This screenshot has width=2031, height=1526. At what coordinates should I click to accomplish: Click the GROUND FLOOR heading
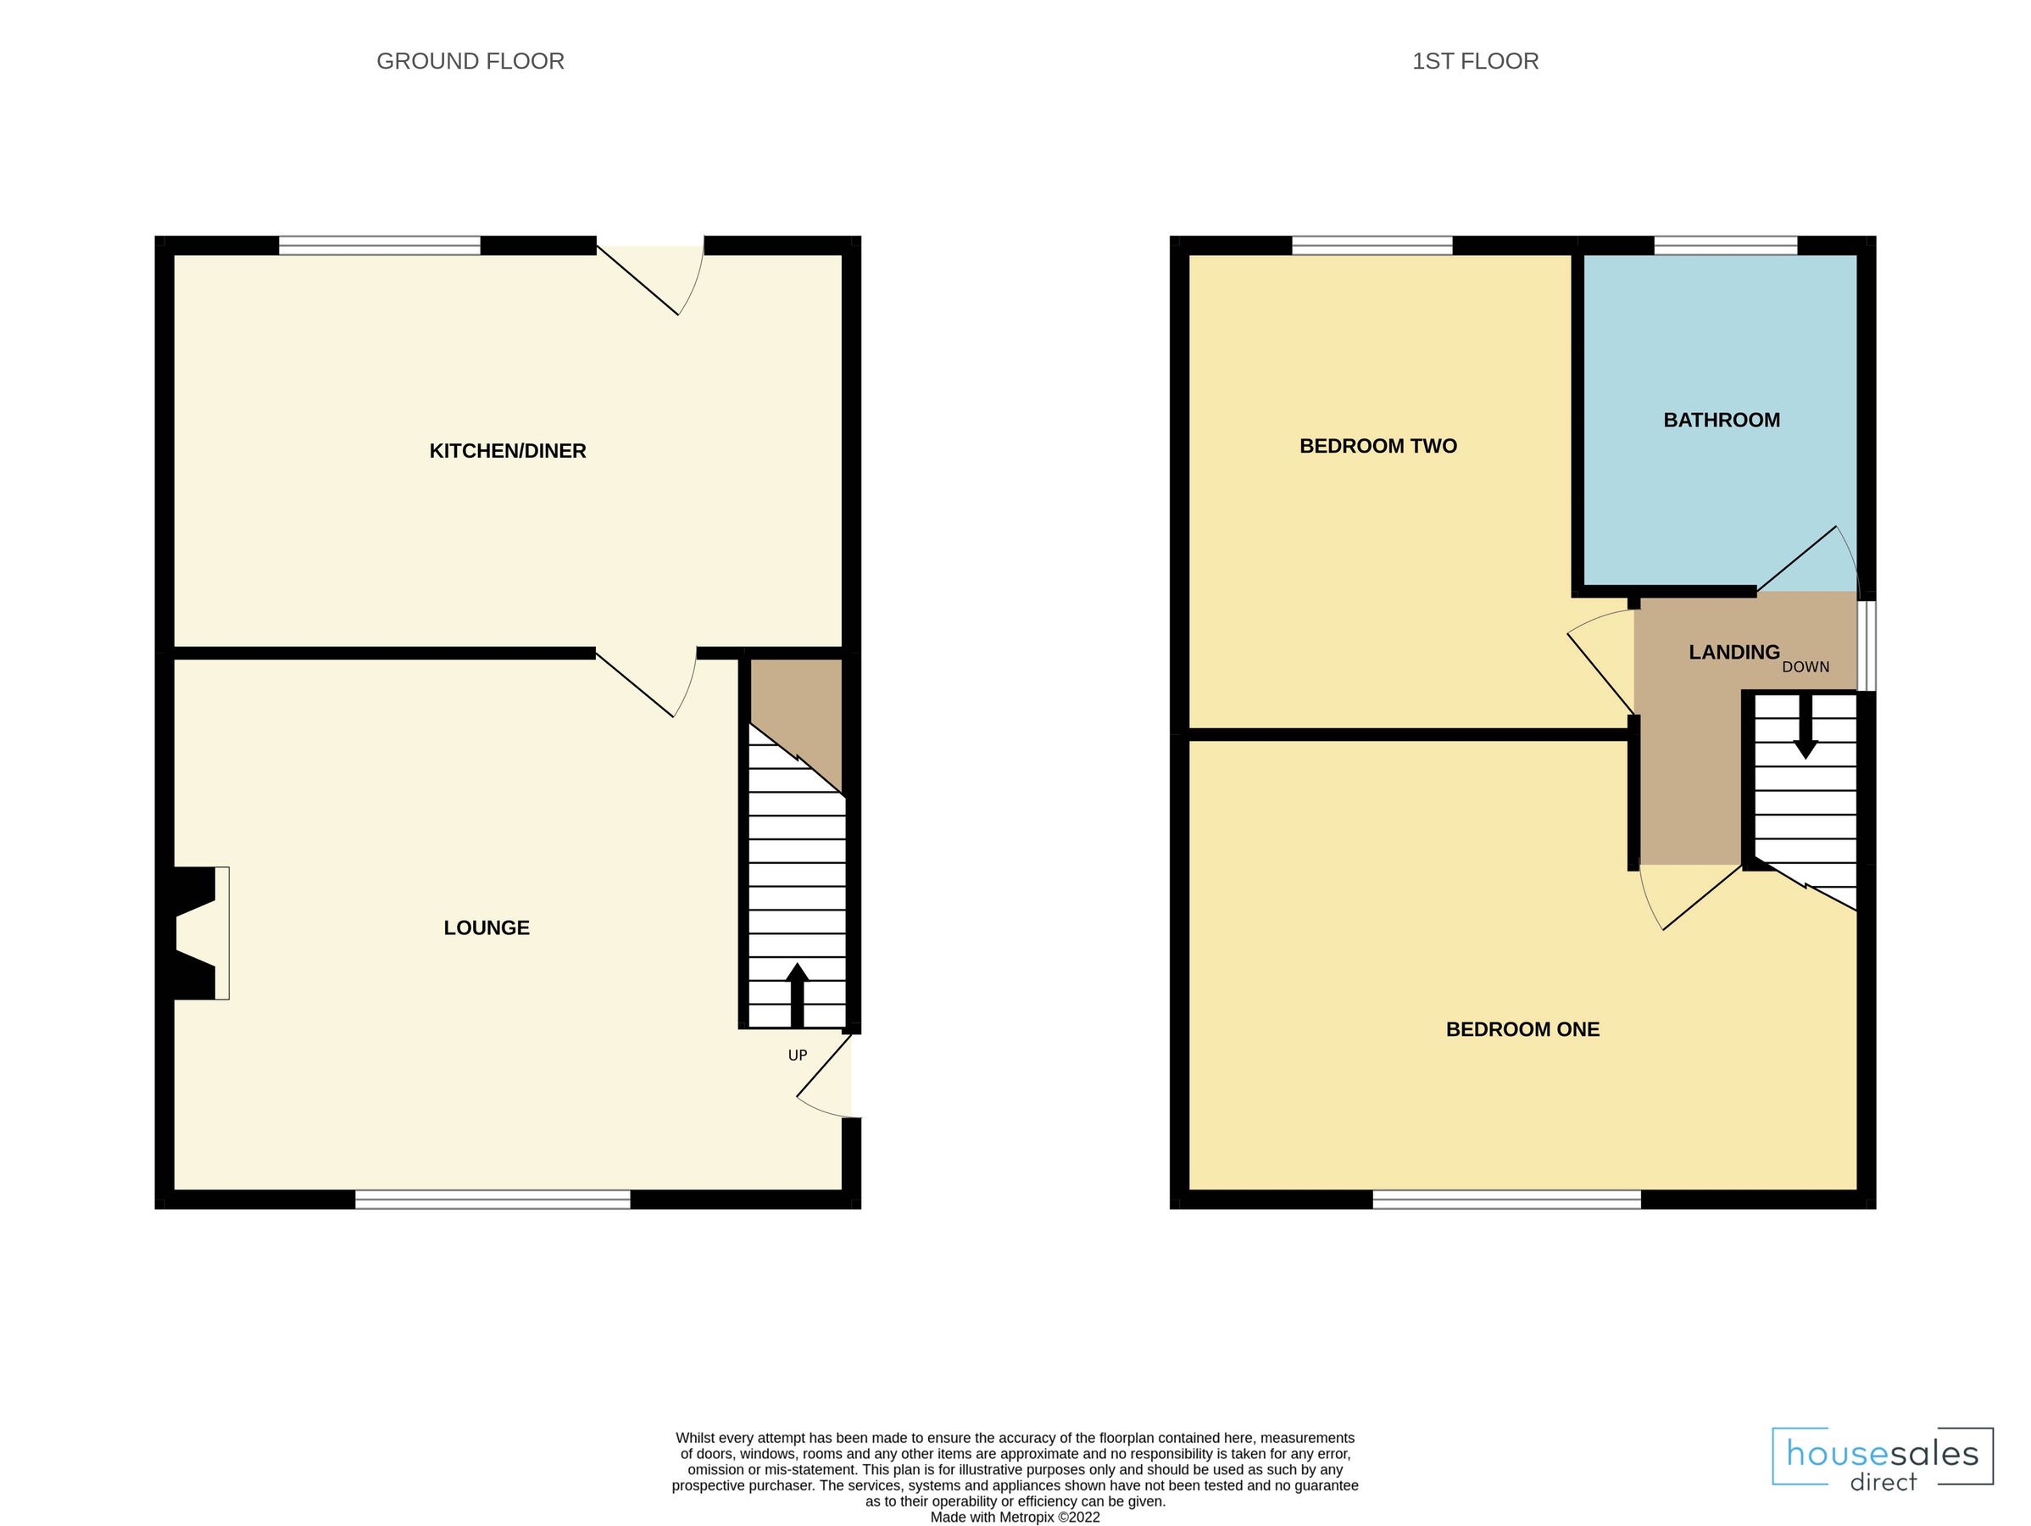(470, 62)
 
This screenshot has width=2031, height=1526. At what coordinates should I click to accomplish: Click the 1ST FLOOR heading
(1475, 62)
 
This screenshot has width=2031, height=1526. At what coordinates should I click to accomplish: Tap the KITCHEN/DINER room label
(508, 451)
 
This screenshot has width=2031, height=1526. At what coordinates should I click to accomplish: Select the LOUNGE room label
(487, 927)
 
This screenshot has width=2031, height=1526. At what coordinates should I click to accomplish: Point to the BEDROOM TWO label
(1378, 446)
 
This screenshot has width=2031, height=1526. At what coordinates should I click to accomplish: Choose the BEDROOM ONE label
(1522, 1029)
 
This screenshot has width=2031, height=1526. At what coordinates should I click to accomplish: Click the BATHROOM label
(1722, 420)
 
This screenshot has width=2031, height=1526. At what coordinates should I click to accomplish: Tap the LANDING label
(1733, 652)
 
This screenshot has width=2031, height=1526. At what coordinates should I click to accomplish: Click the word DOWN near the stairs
(1806, 667)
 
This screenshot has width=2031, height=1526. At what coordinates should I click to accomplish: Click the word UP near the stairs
(797, 1055)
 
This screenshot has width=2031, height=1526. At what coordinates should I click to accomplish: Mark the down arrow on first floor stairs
(1806, 730)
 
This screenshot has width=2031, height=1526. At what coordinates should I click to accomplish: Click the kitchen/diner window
(379, 245)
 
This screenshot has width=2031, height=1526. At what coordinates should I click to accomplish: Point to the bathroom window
(1725, 245)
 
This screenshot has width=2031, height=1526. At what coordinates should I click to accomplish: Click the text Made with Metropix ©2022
(1015, 1517)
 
